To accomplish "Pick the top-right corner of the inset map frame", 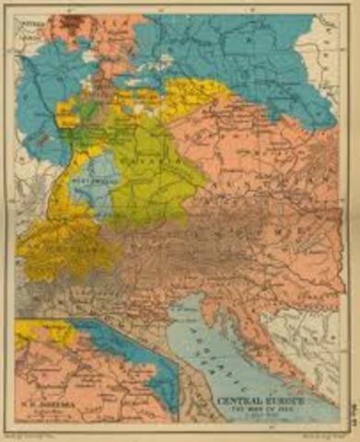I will click(180, 319).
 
